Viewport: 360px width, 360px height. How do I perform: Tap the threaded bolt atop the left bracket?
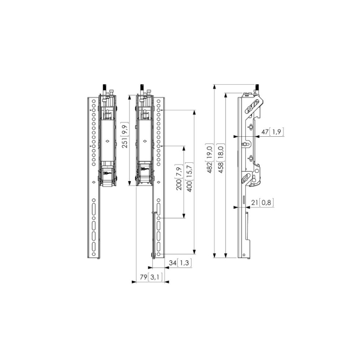104,89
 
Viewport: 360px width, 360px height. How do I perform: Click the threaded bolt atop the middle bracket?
142,89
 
